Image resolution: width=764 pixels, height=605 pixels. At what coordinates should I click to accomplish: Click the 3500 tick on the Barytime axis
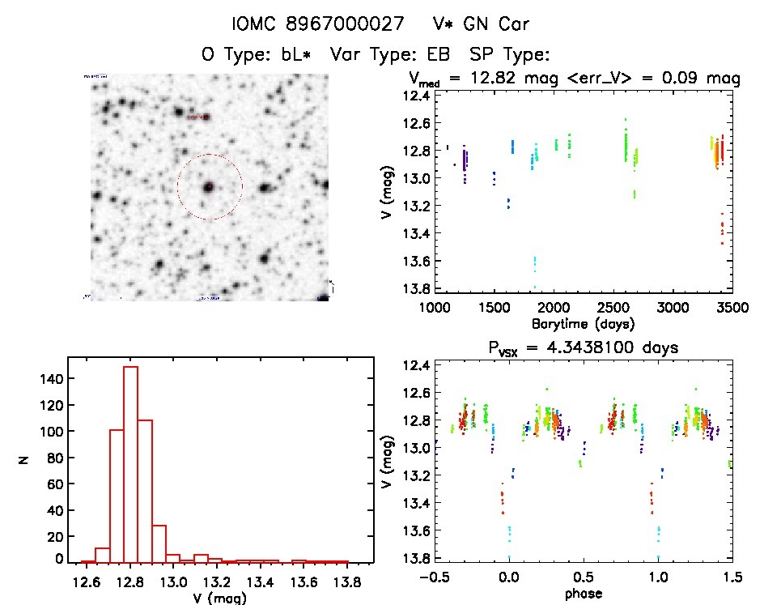tap(732, 308)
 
